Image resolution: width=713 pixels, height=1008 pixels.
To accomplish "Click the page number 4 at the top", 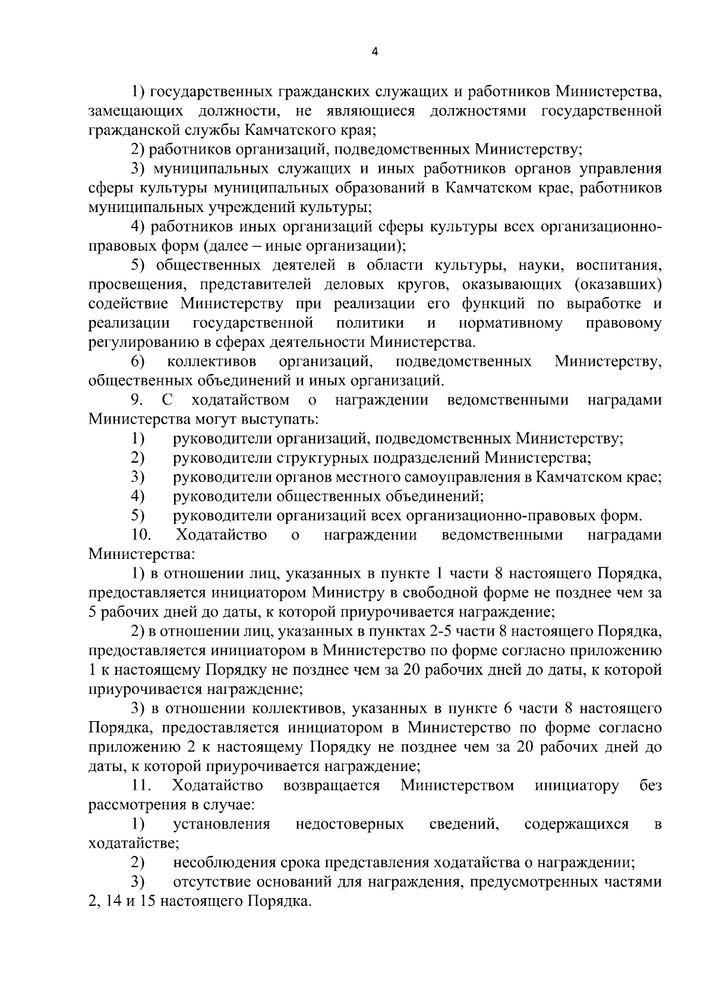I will pos(374,52).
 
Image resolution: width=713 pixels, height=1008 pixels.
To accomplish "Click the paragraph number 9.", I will pos(138,400).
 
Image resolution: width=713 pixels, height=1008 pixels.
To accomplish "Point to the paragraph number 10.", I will pos(141,535).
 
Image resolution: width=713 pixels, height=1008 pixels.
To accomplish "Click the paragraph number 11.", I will pos(141,786).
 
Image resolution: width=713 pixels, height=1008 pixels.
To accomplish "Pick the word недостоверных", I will pos(349,824).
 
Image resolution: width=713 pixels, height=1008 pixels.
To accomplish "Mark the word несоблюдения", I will pos(219,863).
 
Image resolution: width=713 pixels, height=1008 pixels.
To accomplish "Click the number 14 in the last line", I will pos(112,902).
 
